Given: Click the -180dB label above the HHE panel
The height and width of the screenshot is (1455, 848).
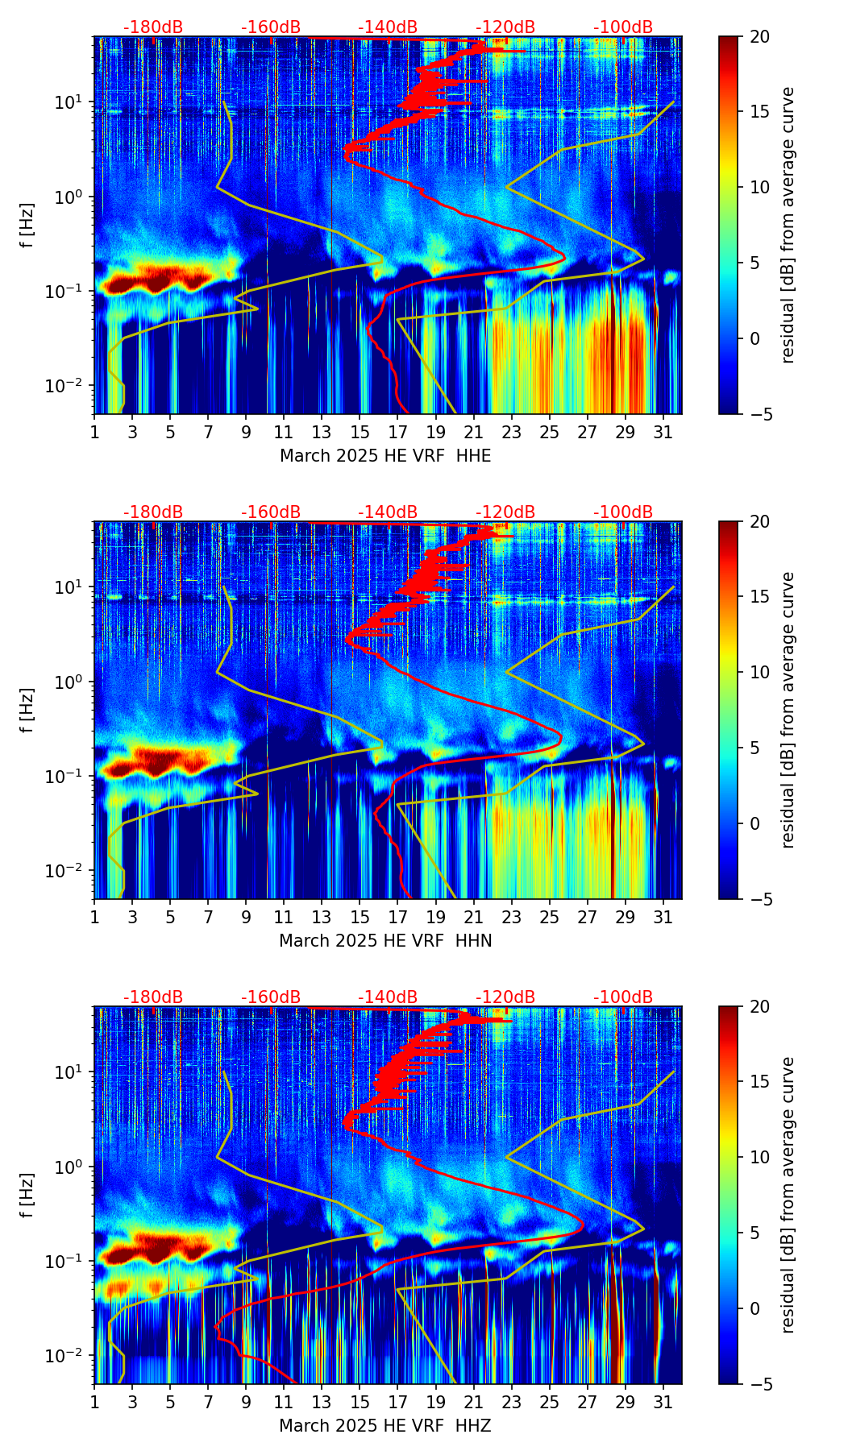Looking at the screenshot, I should click(x=153, y=27).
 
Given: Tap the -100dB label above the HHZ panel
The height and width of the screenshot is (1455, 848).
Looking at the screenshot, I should click(x=623, y=997).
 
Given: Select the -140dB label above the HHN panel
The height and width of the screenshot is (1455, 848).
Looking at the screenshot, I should click(x=388, y=512).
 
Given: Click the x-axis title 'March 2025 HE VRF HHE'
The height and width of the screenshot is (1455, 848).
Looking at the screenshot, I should click(x=385, y=456).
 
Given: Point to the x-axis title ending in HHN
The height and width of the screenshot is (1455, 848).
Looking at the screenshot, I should click(x=385, y=941).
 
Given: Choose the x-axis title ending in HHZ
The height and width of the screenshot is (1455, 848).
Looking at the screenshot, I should click(x=385, y=1426).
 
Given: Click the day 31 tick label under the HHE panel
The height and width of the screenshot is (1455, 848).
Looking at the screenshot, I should click(x=663, y=432).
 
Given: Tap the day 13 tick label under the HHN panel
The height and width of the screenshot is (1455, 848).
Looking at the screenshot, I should click(x=322, y=917).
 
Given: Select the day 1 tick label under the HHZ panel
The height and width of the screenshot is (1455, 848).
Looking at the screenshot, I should click(x=94, y=1402).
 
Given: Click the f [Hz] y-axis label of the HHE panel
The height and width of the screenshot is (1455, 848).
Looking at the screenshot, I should click(x=27, y=225).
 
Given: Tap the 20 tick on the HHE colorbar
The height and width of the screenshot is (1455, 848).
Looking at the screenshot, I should click(x=759, y=36).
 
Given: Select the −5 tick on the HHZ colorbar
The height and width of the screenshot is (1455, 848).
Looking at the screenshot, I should click(x=759, y=1384).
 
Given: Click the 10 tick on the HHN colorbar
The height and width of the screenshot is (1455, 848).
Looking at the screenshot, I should click(x=759, y=672).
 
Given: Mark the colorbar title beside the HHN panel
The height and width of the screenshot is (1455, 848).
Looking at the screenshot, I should click(x=788, y=710).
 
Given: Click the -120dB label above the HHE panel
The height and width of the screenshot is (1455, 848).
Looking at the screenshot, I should click(x=505, y=27).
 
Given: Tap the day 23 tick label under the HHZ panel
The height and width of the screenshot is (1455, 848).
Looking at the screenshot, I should click(x=511, y=1402).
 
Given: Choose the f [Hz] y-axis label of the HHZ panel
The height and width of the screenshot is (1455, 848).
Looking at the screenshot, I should click(x=27, y=1195).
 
